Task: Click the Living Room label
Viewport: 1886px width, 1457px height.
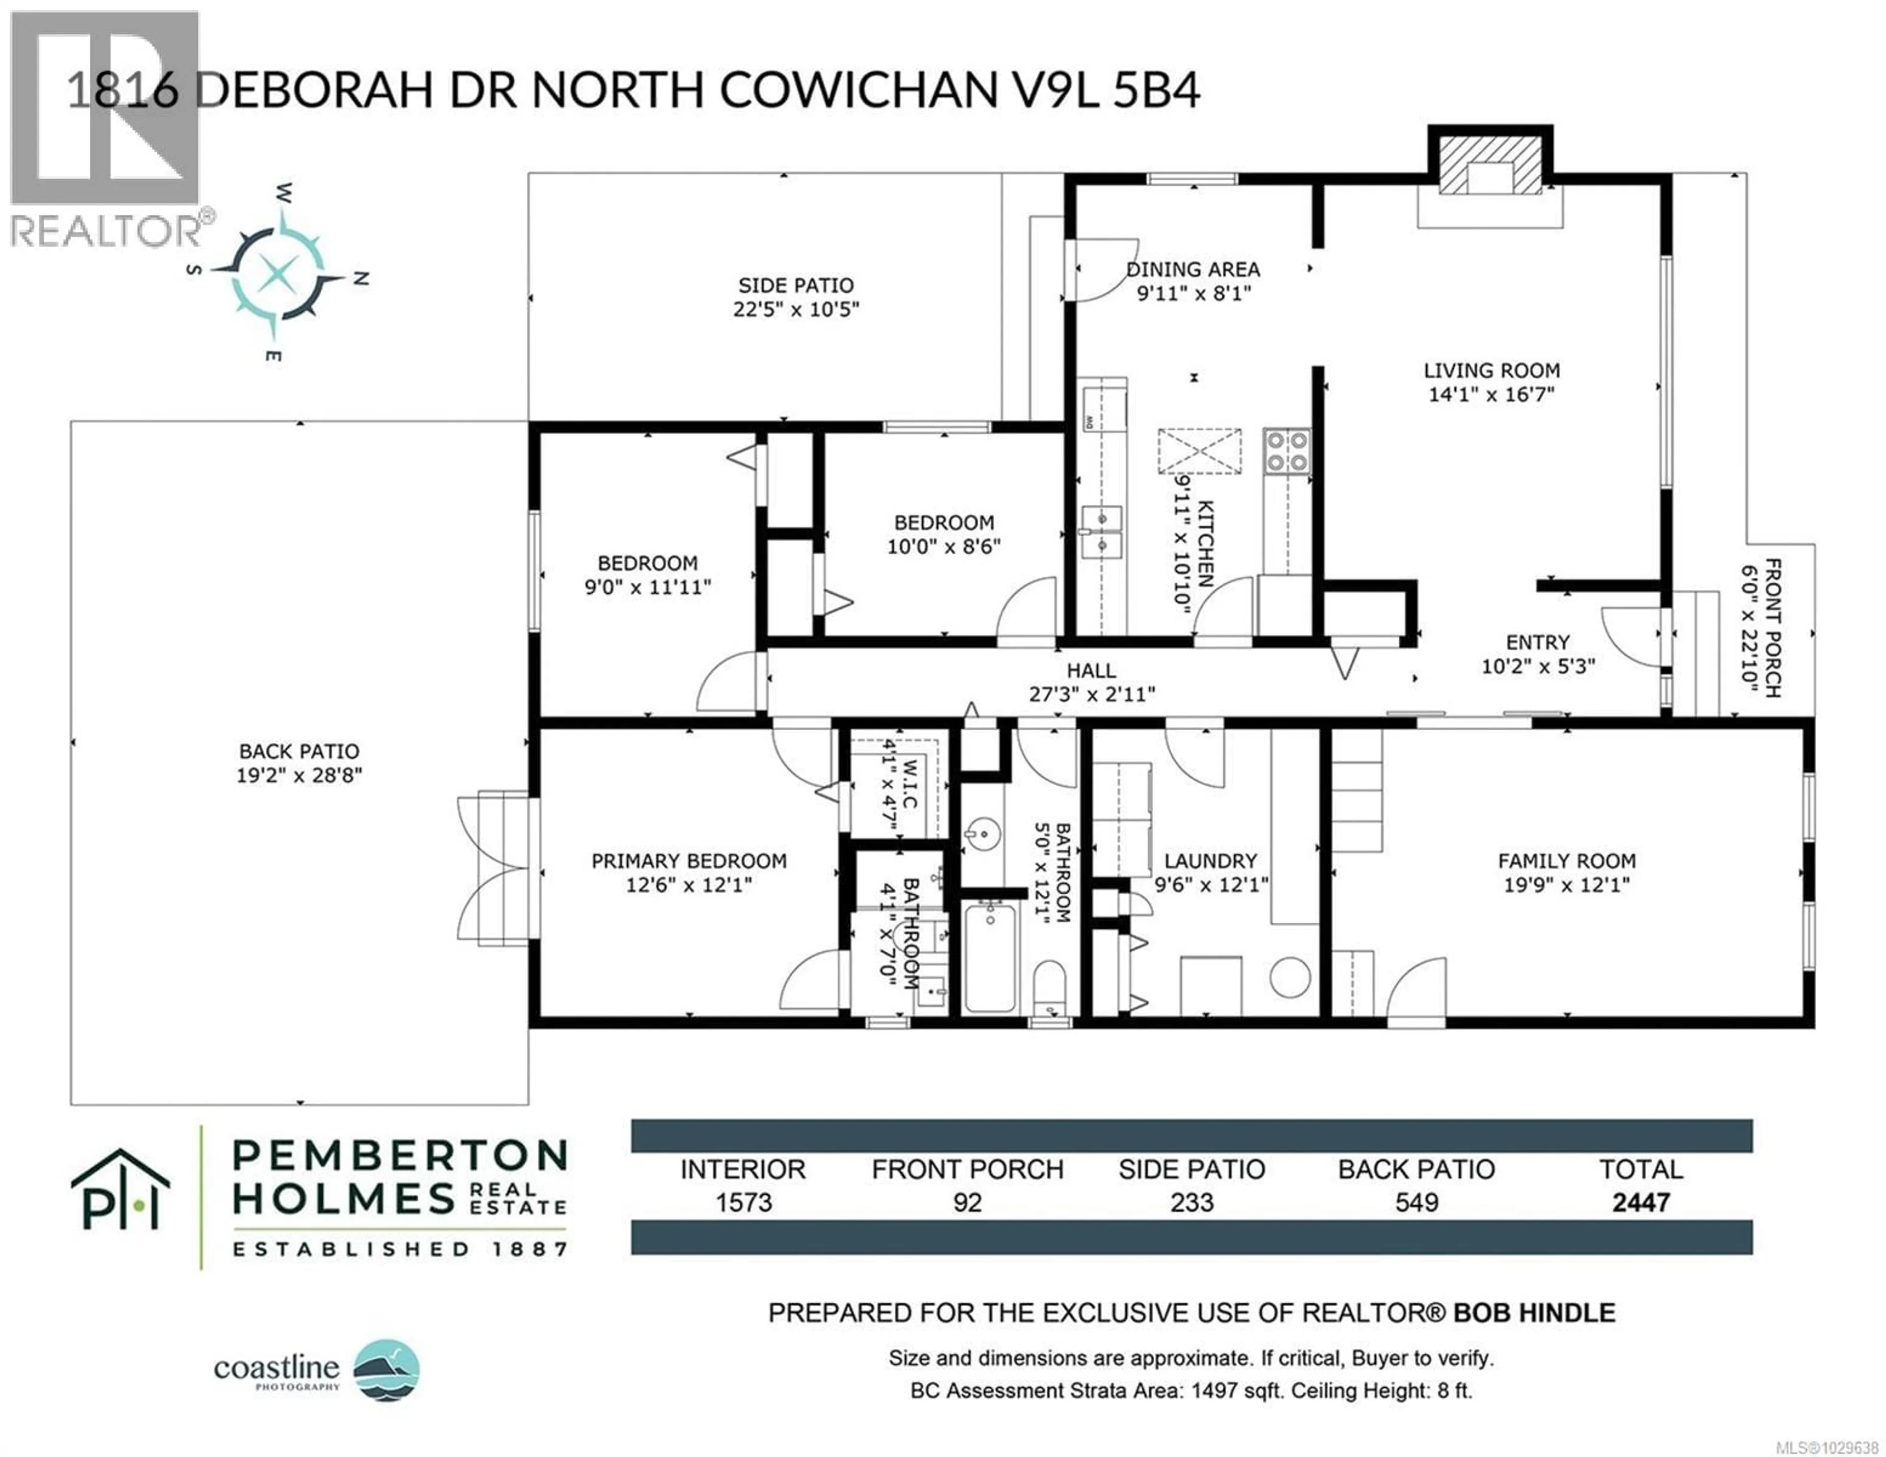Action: pos(1491,371)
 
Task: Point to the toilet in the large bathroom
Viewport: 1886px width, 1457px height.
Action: pos(1049,987)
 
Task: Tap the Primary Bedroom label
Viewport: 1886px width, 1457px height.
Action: pos(688,861)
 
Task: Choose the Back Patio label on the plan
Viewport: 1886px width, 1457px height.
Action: pos(299,751)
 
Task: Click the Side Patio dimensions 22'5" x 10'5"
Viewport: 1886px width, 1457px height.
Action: pos(795,309)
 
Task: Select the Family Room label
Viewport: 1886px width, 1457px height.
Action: pos(1566,861)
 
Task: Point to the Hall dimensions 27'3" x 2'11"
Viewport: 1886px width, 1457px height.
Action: pos(1091,694)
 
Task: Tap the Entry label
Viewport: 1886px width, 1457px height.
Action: pos(1537,643)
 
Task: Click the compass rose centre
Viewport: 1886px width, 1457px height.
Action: pos(277,275)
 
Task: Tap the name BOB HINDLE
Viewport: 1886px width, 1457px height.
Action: pos(1534,1314)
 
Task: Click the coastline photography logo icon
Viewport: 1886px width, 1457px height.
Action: pos(388,1371)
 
